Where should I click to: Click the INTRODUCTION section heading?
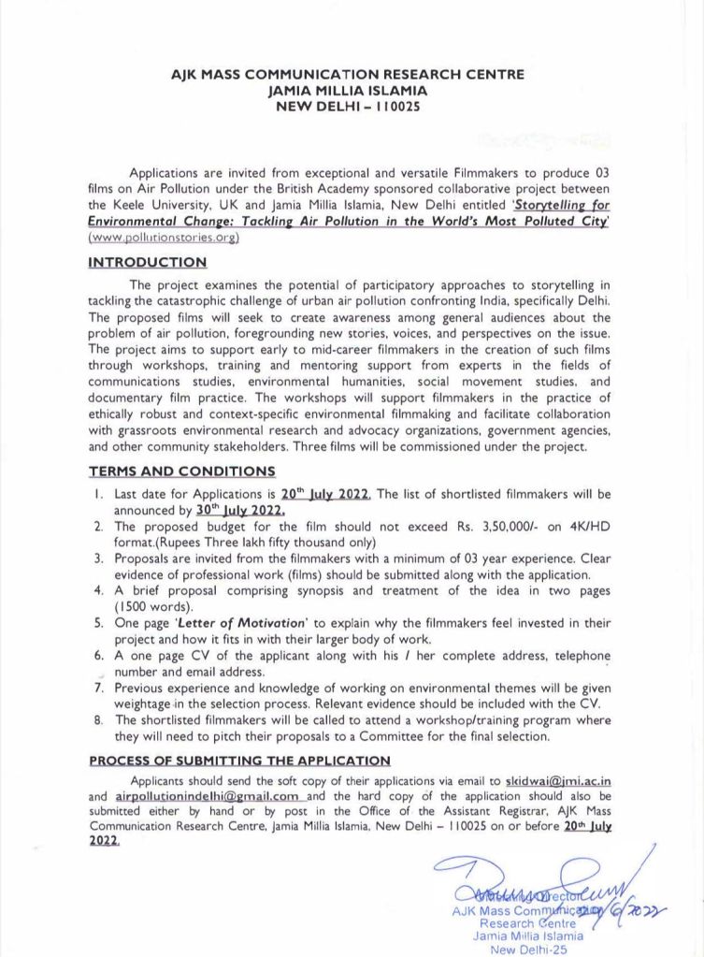click(148, 263)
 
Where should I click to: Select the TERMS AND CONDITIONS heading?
click(181, 471)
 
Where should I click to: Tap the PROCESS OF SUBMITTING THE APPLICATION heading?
click(239, 761)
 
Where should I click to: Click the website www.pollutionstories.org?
click(165, 238)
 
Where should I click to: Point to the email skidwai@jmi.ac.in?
click(558, 779)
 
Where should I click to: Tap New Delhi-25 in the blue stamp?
click(528, 950)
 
